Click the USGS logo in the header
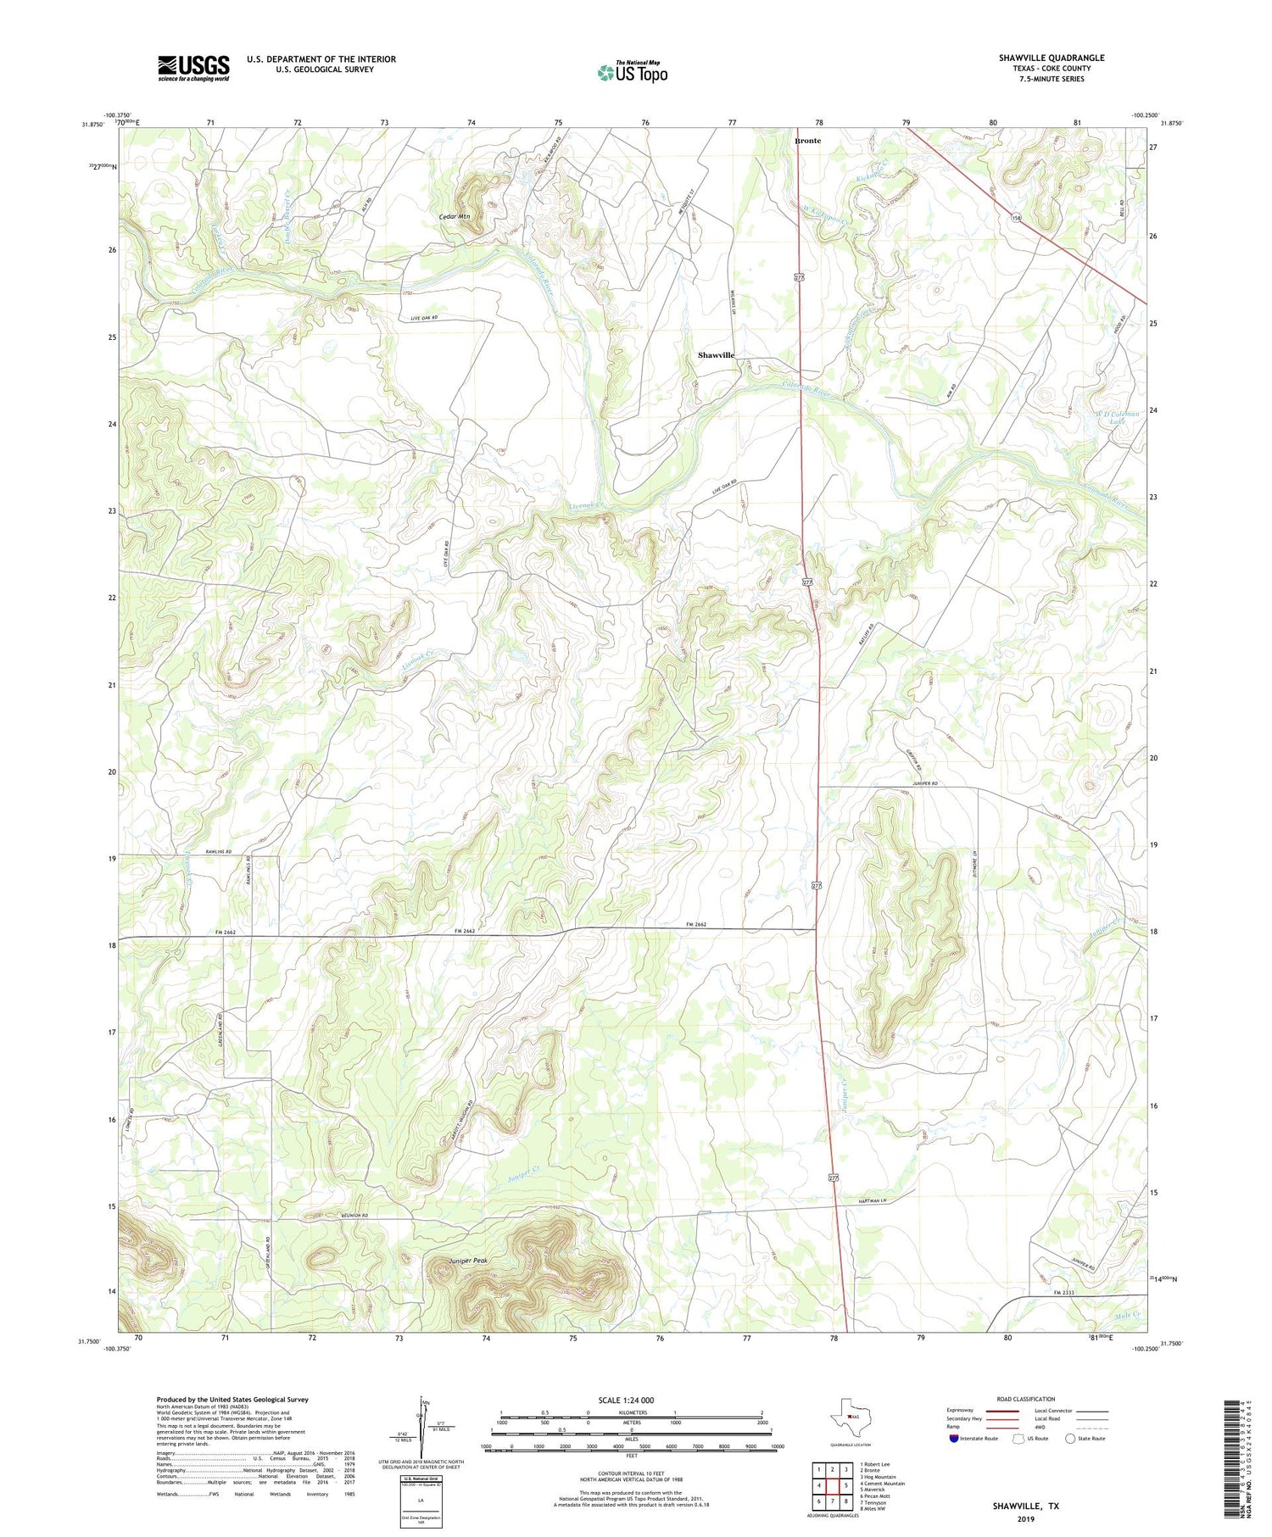pos(193,68)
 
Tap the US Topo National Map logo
pos(632,72)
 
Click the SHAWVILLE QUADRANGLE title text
pos(1051,58)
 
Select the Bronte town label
pos(807,141)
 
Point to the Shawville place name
pos(716,355)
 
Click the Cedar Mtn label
pos(455,217)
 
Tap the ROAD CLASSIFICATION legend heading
pos(1026,1399)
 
